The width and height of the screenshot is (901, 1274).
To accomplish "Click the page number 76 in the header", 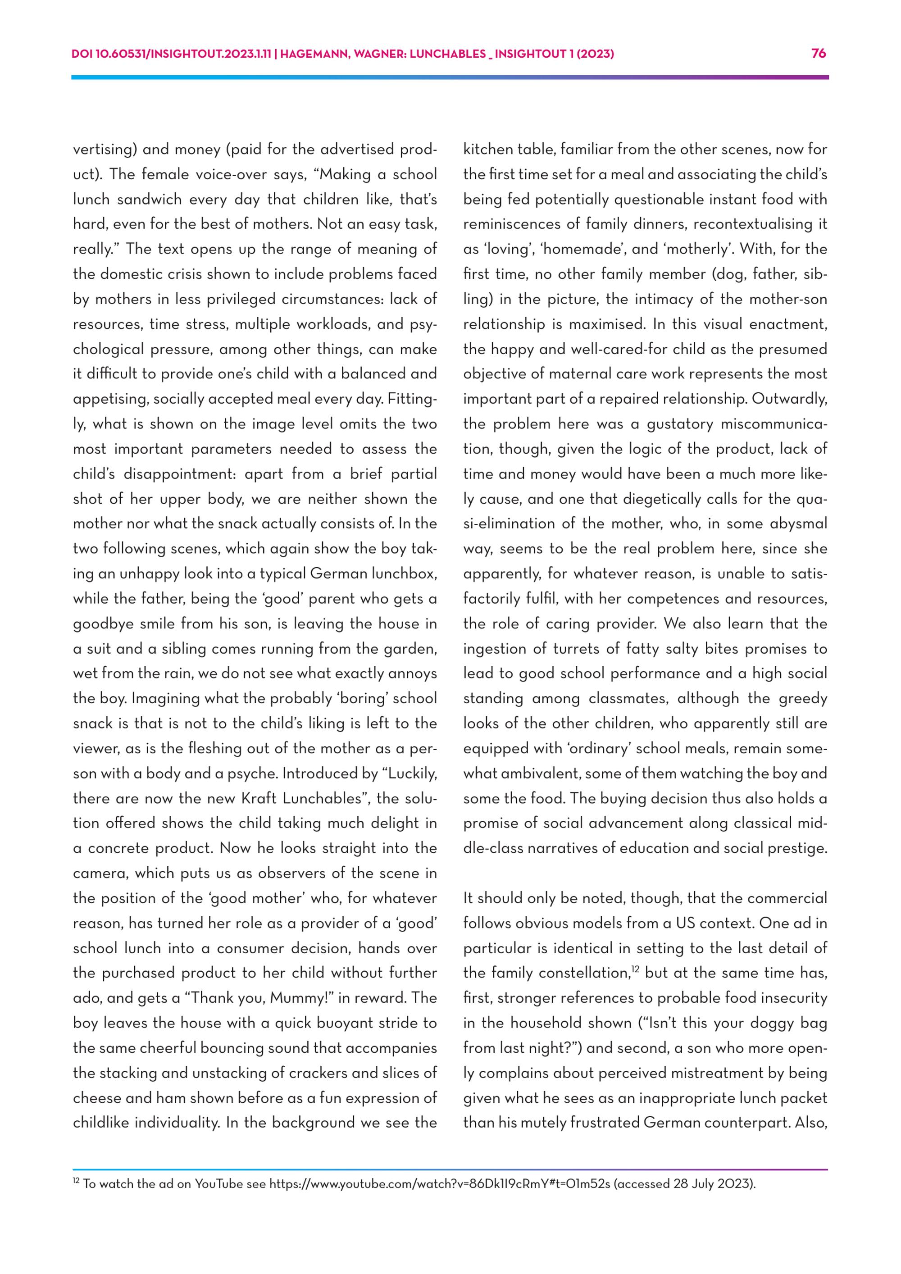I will (x=819, y=53).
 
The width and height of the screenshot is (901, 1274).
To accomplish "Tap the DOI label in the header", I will (x=82, y=54).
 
